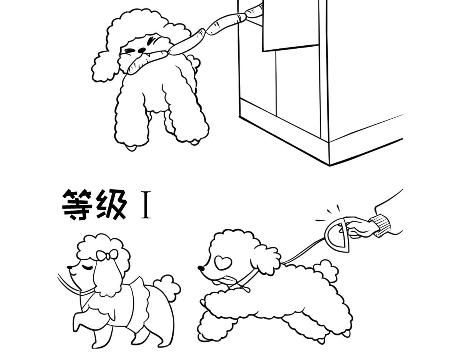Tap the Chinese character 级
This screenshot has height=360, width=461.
pyautogui.click(x=111, y=205)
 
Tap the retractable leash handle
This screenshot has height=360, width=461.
pyautogui.click(x=338, y=235)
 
